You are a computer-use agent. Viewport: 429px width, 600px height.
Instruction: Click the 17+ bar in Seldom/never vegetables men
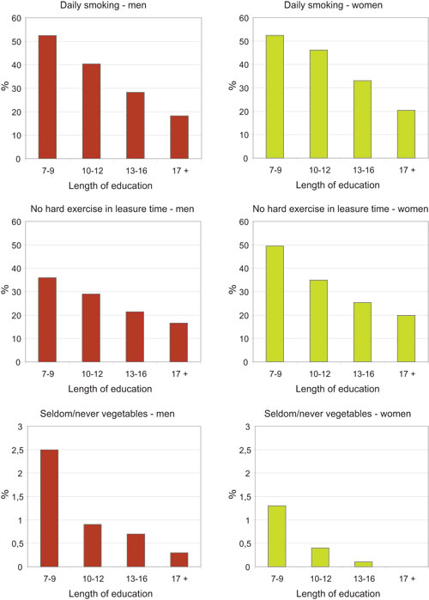tap(178, 560)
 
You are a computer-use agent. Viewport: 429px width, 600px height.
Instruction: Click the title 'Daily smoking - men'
tap(102, 7)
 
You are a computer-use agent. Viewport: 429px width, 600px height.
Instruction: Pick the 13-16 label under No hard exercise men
tap(134, 374)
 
